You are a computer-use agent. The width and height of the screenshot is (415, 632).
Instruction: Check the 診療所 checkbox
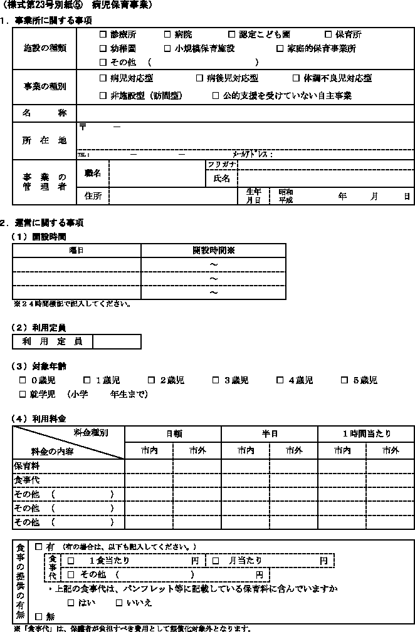[x=103, y=34]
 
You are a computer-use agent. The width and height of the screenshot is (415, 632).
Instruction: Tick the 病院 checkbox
[x=167, y=34]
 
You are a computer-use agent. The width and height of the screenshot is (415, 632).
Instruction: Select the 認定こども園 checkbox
[x=232, y=34]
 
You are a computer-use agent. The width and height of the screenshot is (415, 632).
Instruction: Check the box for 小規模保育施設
[x=167, y=48]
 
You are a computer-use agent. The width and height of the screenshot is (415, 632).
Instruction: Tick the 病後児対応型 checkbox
[x=200, y=78]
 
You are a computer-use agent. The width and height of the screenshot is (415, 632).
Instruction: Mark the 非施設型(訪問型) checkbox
[x=103, y=95]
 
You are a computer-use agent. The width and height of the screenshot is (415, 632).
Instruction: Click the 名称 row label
[x=45, y=113]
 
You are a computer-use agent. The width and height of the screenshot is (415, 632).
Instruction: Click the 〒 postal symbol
[x=82, y=127]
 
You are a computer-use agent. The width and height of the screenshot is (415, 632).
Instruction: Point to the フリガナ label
[x=222, y=165]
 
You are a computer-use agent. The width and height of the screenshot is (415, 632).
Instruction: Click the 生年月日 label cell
[x=253, y=196]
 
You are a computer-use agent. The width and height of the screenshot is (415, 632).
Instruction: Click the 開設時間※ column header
[x=213, y=250]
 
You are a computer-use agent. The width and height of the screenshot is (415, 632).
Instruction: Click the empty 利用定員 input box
[x=117, y=341]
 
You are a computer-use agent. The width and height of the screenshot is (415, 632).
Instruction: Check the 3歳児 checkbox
[x=216, y=380]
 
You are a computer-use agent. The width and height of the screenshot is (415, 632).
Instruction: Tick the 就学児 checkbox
[x=23, y=394]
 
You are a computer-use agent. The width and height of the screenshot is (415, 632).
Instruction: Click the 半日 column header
[x=270, y=433]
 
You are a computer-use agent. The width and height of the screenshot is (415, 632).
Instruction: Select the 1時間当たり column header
[x=366, y=433]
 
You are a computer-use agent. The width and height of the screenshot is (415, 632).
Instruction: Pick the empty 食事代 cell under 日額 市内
[x=149, y=480]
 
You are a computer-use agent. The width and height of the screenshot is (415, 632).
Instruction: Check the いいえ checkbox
[x=120, y=603]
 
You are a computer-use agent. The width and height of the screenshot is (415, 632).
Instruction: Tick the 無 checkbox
[x=38, y=617]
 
